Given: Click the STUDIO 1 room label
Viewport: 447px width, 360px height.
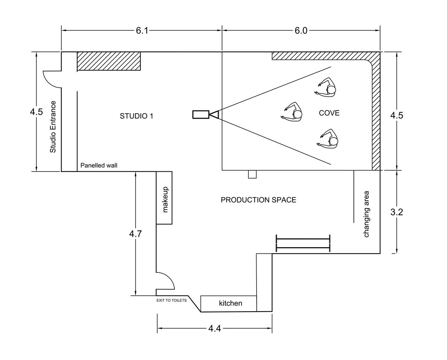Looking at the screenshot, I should pos(136,116).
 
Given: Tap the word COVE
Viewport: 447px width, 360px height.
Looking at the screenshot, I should pos(329,113).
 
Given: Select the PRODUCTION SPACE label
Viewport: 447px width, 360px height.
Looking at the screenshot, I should pos(259,200).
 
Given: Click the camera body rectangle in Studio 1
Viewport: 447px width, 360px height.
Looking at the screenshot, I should pos(200,114).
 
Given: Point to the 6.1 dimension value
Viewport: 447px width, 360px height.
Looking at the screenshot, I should pos(142,31).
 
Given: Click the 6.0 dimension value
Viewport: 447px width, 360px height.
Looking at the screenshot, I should pos(301,31).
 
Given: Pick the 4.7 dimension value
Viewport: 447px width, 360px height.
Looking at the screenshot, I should pos(136,234).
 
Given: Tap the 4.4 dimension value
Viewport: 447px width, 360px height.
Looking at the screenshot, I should pos(215,328).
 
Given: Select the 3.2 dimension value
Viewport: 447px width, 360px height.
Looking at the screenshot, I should pos(397,212).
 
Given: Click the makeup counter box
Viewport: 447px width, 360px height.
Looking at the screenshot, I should pos(164,198).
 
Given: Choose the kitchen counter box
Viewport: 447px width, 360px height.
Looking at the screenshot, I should pos(229,303).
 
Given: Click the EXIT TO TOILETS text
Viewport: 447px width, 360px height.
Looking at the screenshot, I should pos(171,300).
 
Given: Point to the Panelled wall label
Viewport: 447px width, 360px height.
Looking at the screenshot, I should pos(99,165).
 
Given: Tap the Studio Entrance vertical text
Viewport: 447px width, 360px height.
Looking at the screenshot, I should pos(53,127).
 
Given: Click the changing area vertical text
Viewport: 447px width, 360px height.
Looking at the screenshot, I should pos(367,214).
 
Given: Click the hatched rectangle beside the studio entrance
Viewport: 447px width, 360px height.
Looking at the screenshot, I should pos(109,61).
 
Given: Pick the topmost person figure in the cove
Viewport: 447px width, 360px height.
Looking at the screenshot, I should pos(327,88).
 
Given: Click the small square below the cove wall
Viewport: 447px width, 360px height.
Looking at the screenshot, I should pos(252,174).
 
